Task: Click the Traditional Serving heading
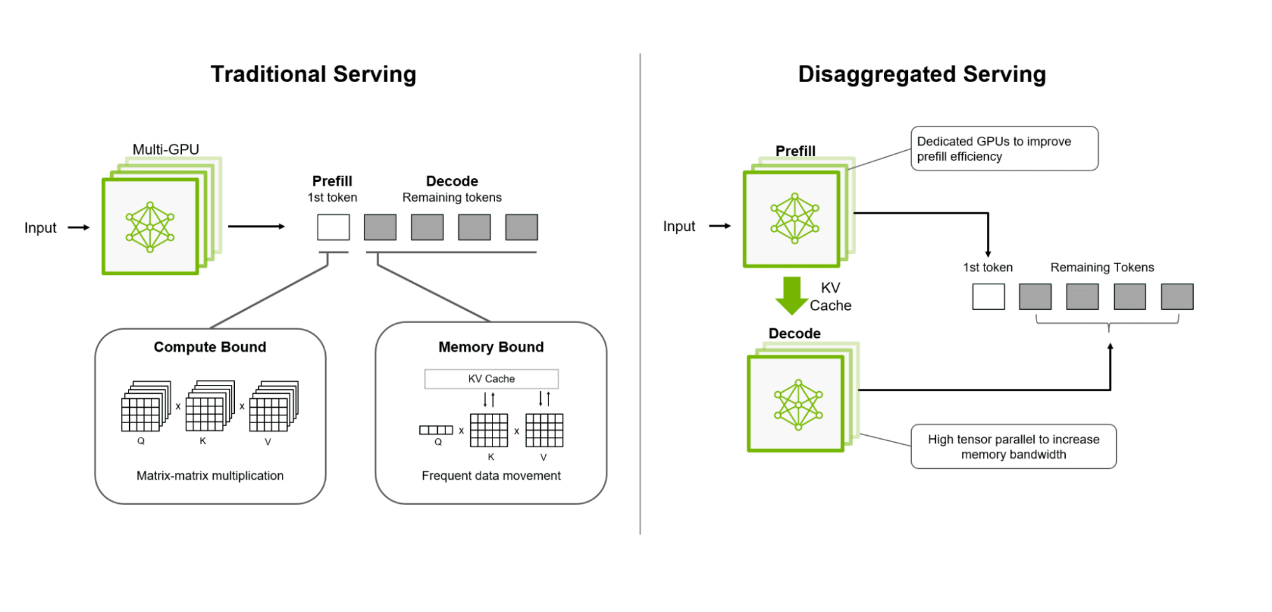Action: click(313, 74)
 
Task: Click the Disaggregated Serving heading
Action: click(921, 74)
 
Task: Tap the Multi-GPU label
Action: click(165, 149)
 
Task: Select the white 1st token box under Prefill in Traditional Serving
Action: click(333, 227)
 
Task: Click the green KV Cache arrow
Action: click(791, 295)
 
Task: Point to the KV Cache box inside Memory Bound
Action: click(491, 379)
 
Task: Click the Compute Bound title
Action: click(210, 347)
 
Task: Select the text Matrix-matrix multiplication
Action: click(210, 475)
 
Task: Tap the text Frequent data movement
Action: click(491, 475)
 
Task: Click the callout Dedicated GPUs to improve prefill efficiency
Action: click(1003, 149)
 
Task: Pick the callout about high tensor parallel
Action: click(1013, 447)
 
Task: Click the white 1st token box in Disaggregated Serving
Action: click(988, 296)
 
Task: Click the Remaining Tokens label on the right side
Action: click(1101, 267)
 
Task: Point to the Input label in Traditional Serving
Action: click(40, 228)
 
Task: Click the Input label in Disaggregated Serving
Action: click(679, 226)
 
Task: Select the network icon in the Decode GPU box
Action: click(798, 405)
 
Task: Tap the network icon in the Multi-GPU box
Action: click(150, 227)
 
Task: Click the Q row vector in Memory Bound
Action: click(436, 430)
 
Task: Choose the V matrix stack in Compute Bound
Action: click(272, 407)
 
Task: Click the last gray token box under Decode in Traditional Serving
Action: click(521, 227)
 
